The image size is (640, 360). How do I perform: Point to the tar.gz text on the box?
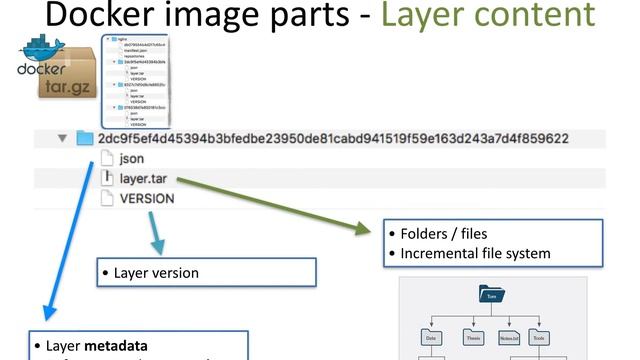point(68,89)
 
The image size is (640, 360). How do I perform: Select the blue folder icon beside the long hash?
point(85,138)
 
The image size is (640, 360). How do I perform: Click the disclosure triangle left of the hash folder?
point(62,138)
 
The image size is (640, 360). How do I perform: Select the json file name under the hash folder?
point(131,158)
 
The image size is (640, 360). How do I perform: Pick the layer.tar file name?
point(143,178)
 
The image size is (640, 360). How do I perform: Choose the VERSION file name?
point(146,198)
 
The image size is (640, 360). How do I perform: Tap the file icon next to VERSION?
point(108,198)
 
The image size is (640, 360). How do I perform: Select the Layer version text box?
point(205,272)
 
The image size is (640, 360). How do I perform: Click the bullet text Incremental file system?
point(475,253)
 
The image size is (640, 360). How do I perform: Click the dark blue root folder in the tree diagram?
point(490,296)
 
